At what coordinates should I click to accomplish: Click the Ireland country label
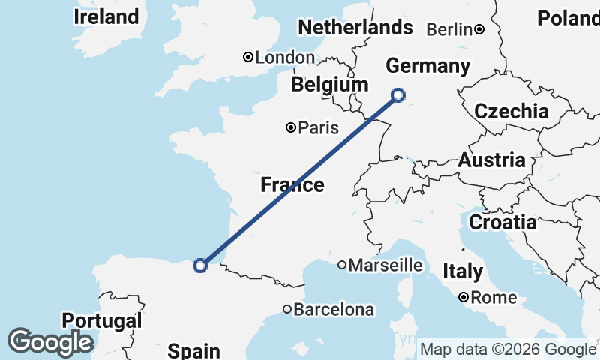coord(106,16)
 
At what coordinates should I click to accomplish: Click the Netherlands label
coord(355,28)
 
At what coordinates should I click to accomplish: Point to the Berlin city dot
coord(478,30)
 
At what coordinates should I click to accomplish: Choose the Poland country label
coord(568,19)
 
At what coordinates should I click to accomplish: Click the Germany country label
coord(427,66)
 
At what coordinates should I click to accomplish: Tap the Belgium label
coord(330,85)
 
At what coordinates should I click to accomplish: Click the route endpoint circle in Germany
coord(398,94)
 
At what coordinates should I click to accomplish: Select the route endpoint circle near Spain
coord(200,265)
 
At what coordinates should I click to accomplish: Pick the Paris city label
coord(318,128)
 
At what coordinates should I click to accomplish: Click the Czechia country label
coord(511,112)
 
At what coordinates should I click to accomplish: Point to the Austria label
coord(491,160)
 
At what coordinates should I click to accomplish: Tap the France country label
coord(292,184)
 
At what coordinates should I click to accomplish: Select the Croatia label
coord(502,222)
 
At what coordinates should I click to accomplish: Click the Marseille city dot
coord(341,265)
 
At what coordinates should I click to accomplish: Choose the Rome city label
coord(493,298)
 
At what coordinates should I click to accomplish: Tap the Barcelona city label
coord(333,309)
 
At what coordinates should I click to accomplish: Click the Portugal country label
coord(101,321)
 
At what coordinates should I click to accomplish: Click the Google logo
coord(50,342)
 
